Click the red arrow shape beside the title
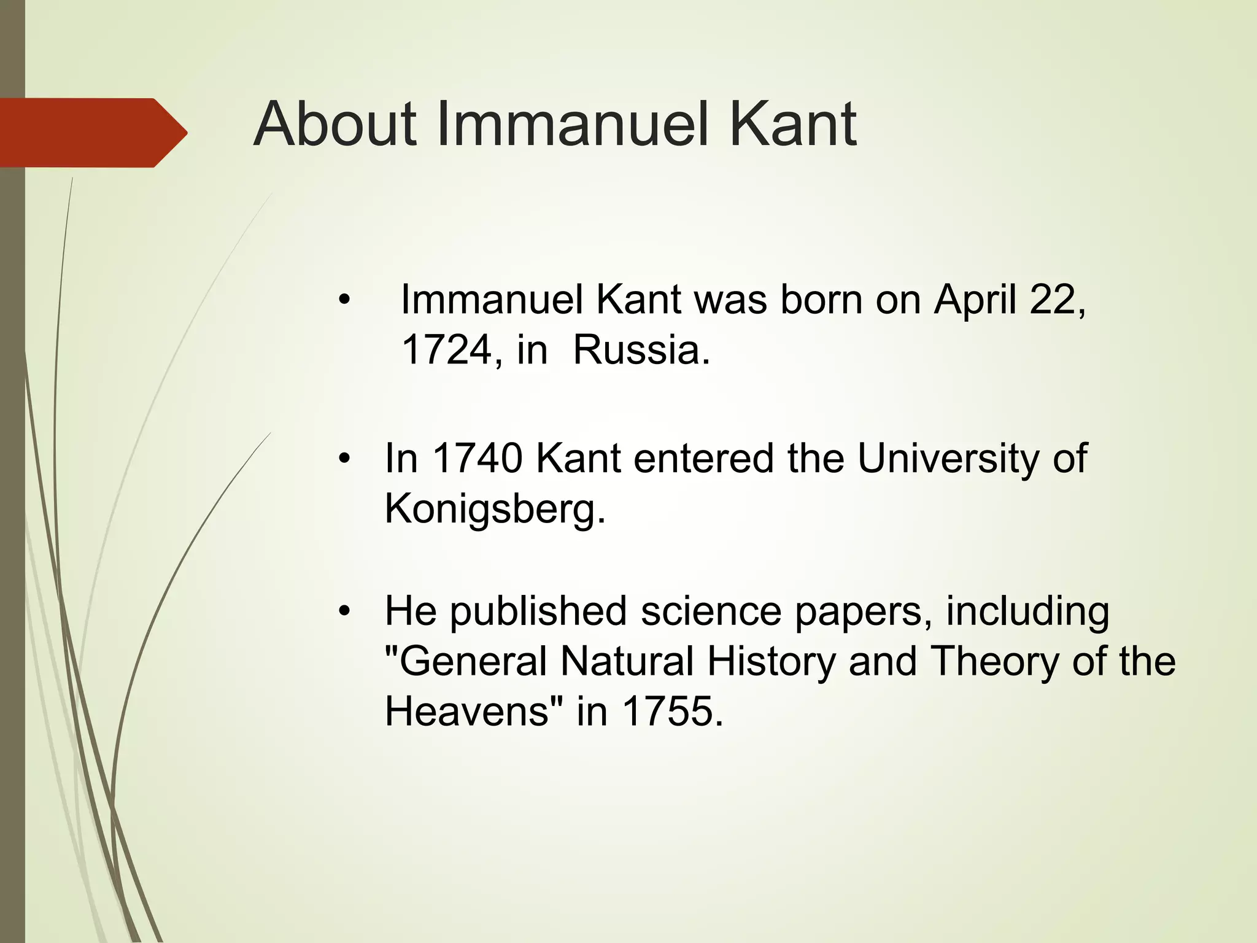(92, 133)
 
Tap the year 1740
(478, 459)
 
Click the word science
(711, 612)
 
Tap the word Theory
(994, 662)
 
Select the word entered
(703, 459)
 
